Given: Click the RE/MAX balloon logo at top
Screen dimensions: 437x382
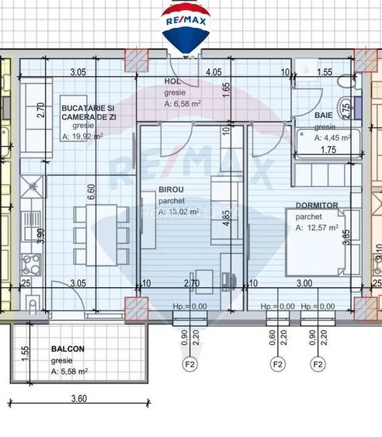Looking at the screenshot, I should tap(183, 28).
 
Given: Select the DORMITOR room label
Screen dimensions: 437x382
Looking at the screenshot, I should tap(316, 206).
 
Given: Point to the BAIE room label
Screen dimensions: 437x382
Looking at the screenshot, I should tap(324, 115).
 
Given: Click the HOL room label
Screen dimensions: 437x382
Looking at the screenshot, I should tap(172, 82).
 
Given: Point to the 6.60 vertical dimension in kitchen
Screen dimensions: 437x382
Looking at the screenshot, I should tap(92, 190).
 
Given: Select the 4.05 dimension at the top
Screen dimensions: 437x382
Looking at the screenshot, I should tap(214, 71).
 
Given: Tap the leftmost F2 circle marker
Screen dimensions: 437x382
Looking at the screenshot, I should tap(188, 363).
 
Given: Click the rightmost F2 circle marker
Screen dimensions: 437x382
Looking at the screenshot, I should tap(318, 363).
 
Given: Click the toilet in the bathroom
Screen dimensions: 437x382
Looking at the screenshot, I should tap(342, 108).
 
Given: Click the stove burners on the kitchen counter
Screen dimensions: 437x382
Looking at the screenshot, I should tap(33, 261).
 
